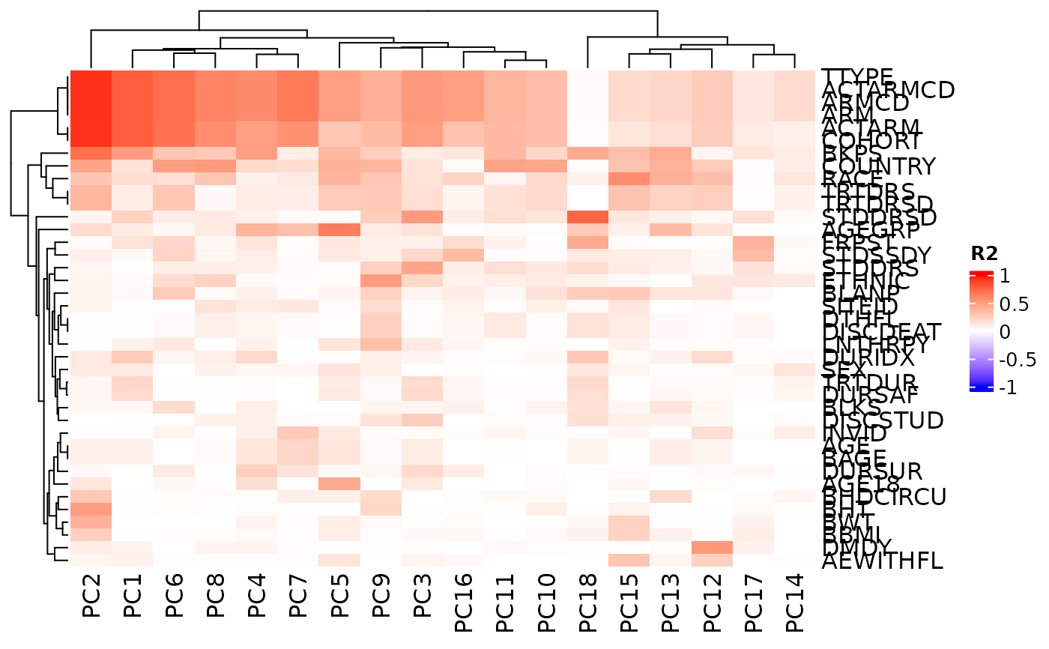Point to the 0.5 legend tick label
pos(1012,304)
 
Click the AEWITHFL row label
pos(882,561)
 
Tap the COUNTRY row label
pos(878,166)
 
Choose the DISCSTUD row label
pos(882,420)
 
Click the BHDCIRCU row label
pos(884,497)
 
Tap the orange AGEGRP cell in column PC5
pos(339,229)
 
